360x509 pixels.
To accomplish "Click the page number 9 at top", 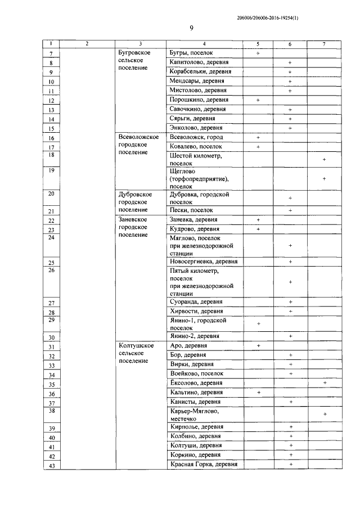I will click(191, 29).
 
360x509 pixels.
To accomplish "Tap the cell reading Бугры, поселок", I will click(191, 52).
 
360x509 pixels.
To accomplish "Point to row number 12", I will click(51, 101).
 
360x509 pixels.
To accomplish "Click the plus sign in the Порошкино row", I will click(258, 100).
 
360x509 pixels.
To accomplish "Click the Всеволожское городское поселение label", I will click(139, 145).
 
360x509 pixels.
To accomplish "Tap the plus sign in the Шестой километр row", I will click(325, 160).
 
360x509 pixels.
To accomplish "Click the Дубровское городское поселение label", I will click(136, 201).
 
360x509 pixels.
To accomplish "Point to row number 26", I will click(51, 270).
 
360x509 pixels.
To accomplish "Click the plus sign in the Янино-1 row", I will click(258, 324).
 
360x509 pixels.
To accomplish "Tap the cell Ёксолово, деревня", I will click(196, 382).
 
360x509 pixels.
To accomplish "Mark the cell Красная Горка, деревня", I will click(203, 464).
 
